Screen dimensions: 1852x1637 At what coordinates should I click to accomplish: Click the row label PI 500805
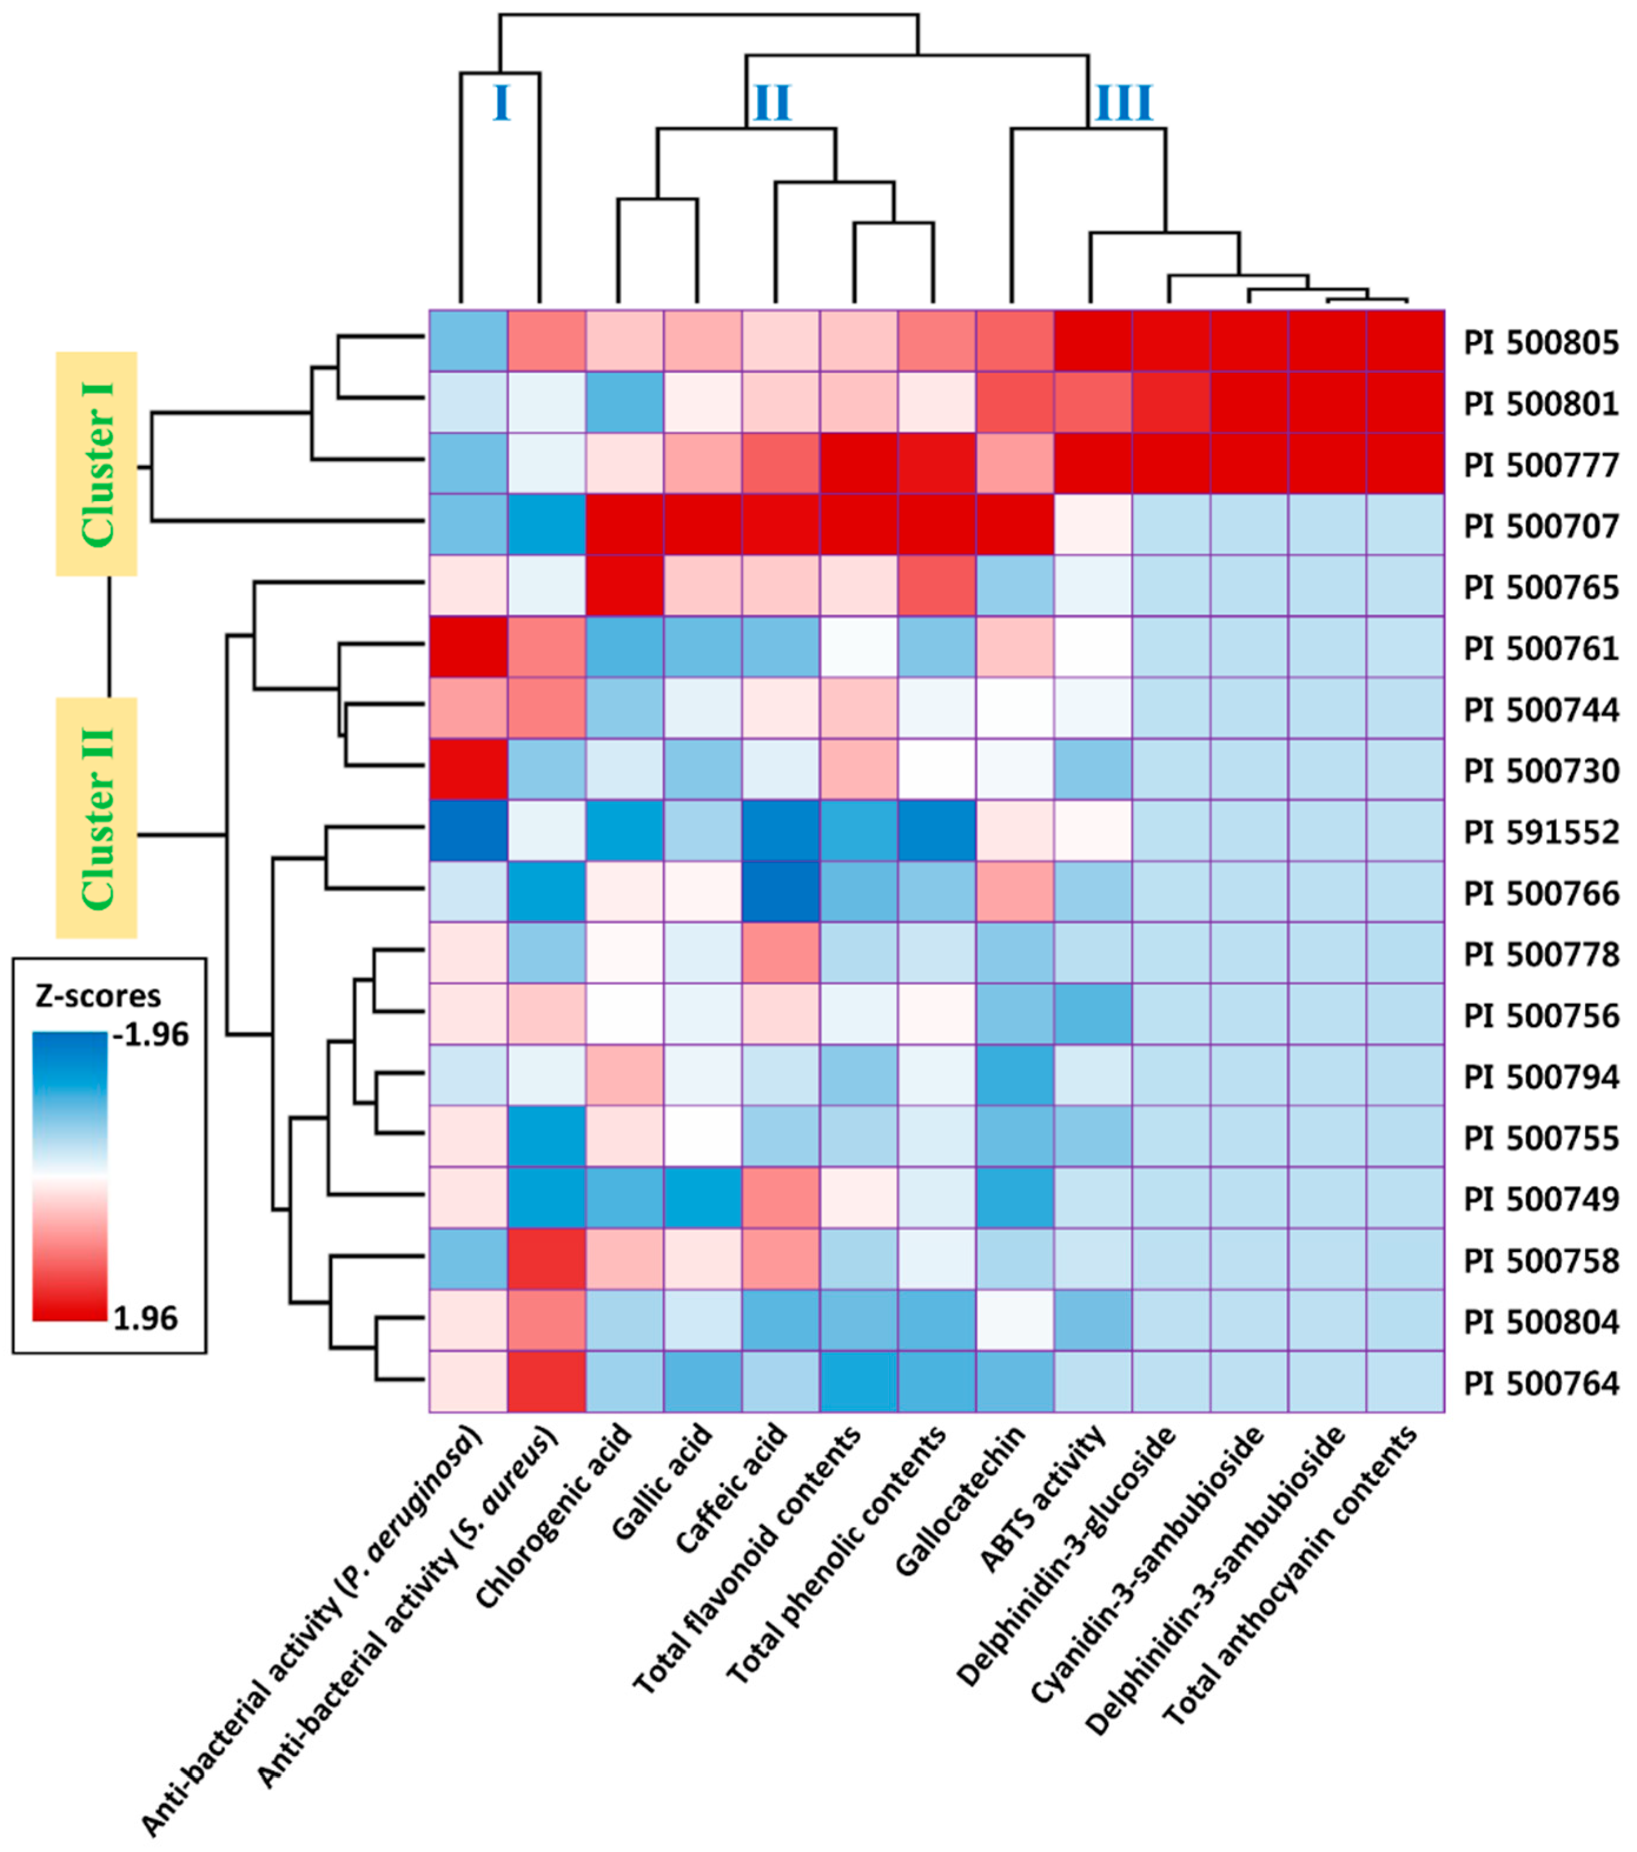(1540, 343)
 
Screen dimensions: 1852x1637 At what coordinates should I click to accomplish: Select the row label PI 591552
(1540, 831)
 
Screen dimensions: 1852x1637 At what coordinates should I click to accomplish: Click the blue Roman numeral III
(1124, 103)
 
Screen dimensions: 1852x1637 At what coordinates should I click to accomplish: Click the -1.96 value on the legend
(150, 1035)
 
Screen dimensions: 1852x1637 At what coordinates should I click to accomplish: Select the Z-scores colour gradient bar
(69, 1175)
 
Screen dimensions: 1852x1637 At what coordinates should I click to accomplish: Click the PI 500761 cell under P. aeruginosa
(468, 647)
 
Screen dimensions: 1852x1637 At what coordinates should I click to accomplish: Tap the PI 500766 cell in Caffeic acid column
(781, 892)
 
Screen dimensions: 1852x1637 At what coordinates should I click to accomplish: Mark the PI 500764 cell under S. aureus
(546, 1381)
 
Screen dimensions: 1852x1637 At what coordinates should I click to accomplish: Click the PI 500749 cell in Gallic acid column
(703, 1198)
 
